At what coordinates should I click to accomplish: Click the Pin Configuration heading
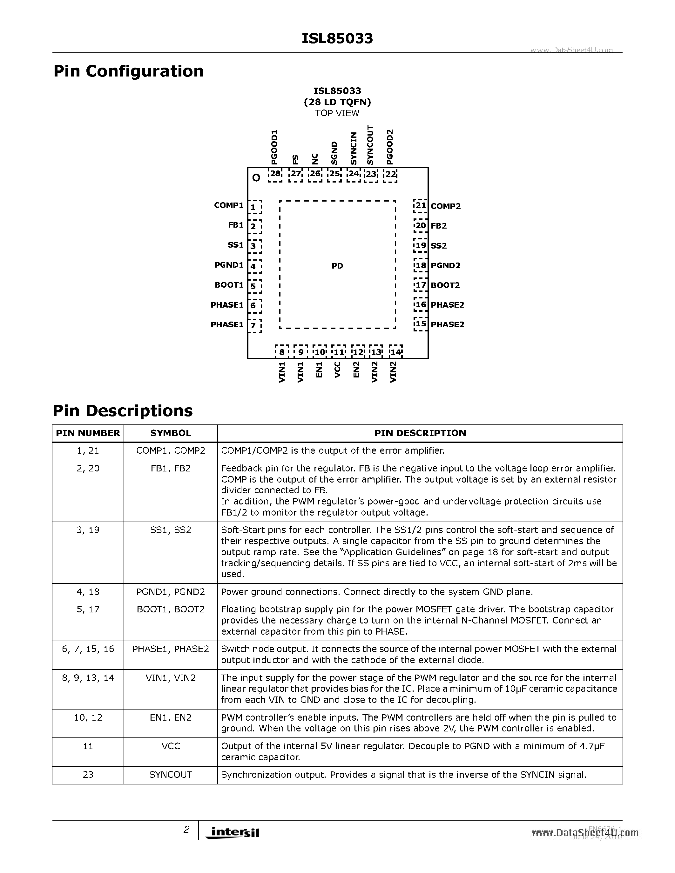click(x=128, y=71)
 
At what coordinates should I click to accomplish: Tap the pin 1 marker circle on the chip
click(x=256, y=177)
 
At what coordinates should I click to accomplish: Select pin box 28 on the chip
click(x=275, y=175)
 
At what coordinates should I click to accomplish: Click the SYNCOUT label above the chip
click(x=370, y=145)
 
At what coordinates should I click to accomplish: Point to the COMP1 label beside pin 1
click(x=229, y=205)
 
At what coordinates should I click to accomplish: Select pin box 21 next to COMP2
click(x=420, y=205)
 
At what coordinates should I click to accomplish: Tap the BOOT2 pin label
click(x=445, y=285)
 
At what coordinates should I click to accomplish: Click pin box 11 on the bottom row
click(x=339, y=352)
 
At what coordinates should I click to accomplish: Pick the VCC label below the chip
click(x=337, y=370)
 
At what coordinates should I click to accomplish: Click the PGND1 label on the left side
click(x=229, y=265)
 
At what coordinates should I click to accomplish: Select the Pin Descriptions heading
click(x=123, y=411)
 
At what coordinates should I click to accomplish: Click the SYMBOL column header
click(x=171, y=433)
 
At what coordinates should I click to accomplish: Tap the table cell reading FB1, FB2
click(x=171, y=469)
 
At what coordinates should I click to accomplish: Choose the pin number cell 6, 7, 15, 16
click(x=88, y=649)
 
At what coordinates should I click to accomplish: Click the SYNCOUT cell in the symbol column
click(x=171, y=775)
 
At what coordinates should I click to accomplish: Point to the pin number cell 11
click(x=88, y=746)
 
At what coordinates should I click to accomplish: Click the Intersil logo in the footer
click(x=232, y=832)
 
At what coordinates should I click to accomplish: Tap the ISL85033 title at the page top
click(x=337, y=39)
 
